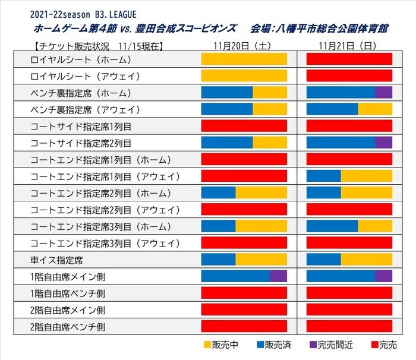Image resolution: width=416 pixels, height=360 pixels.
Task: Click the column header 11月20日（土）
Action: [244, 45]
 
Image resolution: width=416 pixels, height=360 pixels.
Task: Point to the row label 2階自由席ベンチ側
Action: [68, 326]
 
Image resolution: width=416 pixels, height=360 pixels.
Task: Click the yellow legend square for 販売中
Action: [207, 345]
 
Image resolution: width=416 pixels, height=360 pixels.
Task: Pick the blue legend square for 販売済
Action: [259, 345]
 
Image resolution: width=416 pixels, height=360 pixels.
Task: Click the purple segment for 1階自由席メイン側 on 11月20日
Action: [279, 276]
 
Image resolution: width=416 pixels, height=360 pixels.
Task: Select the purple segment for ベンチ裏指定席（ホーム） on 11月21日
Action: [383, 93]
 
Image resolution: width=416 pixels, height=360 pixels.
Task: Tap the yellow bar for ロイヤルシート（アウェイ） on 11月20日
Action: [244, 76]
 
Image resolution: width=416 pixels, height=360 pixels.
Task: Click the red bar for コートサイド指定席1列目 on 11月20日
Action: [244, 126]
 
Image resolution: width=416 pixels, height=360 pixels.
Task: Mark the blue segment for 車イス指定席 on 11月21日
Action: [323, 260]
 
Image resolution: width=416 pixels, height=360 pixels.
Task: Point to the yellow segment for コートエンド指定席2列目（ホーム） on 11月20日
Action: [261, 193]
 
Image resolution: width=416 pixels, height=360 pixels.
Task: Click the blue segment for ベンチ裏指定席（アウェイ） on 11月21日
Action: [332, 109]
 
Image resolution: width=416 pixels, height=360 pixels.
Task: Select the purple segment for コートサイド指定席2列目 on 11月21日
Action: [383, 143]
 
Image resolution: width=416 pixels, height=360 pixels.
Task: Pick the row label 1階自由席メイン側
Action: [68, 276]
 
